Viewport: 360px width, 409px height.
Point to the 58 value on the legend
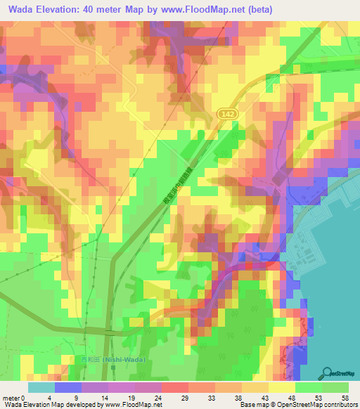point(345,398)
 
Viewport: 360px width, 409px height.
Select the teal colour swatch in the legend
point(41,387)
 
